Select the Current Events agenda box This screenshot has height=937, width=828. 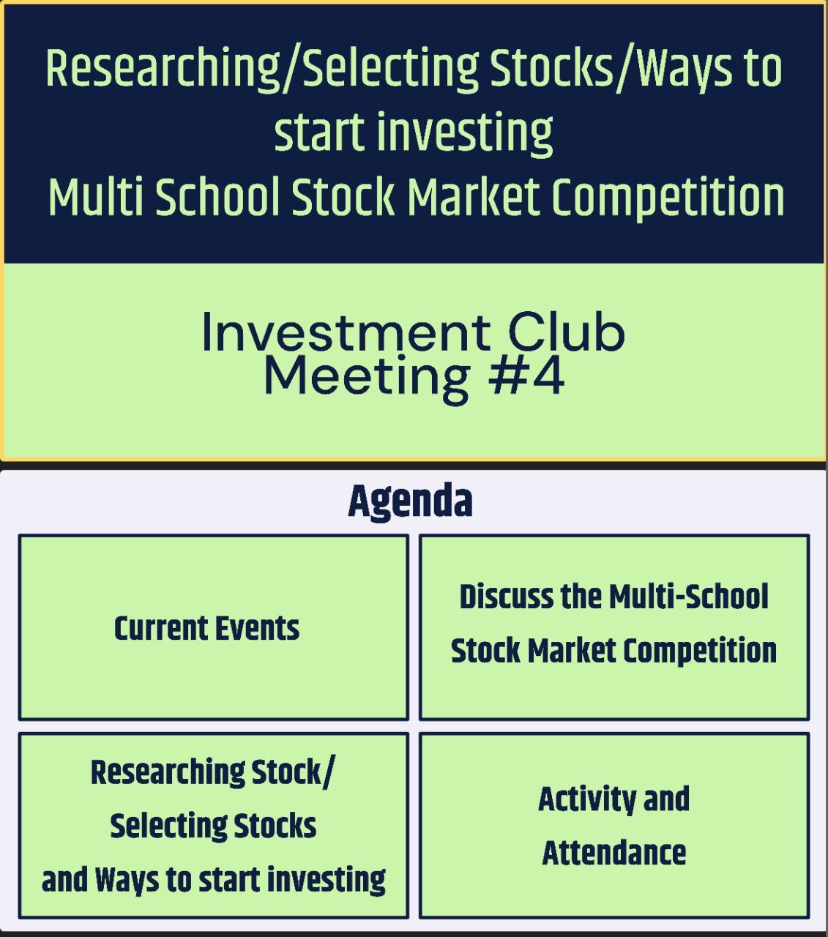pos(213,627)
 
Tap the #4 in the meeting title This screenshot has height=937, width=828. pos(526,377)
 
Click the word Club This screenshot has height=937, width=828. pos(566,332)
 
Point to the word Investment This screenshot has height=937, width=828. pos(346,332)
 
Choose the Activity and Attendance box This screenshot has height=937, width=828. pos(614,826)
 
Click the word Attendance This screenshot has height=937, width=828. pos(613,853)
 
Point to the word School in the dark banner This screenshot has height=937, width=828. pos(217,197)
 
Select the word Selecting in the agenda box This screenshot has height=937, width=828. pos(168,827)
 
